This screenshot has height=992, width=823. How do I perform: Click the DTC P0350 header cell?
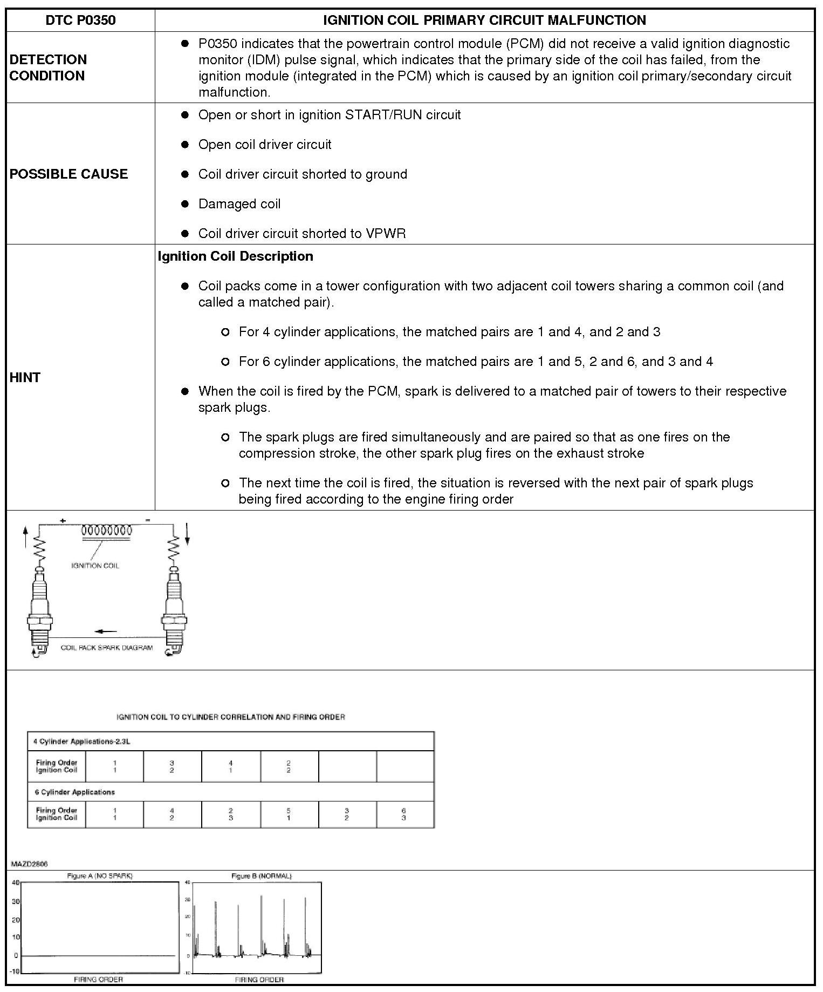coord(80,21)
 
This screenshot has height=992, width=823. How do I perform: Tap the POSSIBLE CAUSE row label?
coord(68,174)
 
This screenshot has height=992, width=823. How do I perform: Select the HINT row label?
coord(25,377)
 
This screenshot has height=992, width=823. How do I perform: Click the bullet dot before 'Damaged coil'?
coord(185,203)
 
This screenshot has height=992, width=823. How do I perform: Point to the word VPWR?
coord(386,234)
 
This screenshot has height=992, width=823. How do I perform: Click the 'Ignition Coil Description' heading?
coord(235,256)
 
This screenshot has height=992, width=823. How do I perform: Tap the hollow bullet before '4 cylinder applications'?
coord(225,332)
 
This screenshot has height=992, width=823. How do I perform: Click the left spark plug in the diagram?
coord(39,610)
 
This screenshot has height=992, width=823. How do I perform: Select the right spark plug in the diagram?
coord(173,610)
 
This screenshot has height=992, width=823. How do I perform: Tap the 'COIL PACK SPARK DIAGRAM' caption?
coord(106,648)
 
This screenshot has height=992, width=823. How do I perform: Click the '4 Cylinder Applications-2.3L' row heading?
coord(81,742)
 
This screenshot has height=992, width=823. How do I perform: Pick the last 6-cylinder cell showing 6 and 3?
coord(404,814)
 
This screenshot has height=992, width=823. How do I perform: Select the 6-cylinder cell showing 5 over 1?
coord(289,814)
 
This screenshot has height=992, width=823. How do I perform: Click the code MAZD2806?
coord(29,864)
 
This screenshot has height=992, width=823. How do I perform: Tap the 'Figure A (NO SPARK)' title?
coord(99,875)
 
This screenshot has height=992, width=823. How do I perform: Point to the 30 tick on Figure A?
coord(16,902)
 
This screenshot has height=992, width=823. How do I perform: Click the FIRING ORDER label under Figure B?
coord(259,979)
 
